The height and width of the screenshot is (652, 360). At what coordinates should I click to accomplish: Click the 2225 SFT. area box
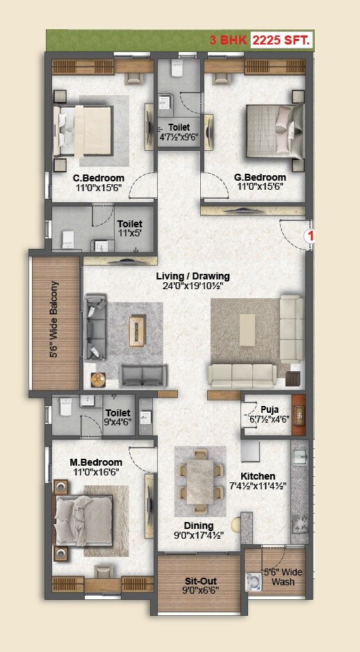pos(281,40)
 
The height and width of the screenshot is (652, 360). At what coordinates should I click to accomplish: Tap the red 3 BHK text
pos(228,40)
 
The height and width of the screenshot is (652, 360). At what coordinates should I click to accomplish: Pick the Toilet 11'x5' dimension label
pos(130,229)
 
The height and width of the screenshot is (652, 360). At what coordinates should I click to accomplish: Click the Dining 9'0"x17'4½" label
pos(199,531)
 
